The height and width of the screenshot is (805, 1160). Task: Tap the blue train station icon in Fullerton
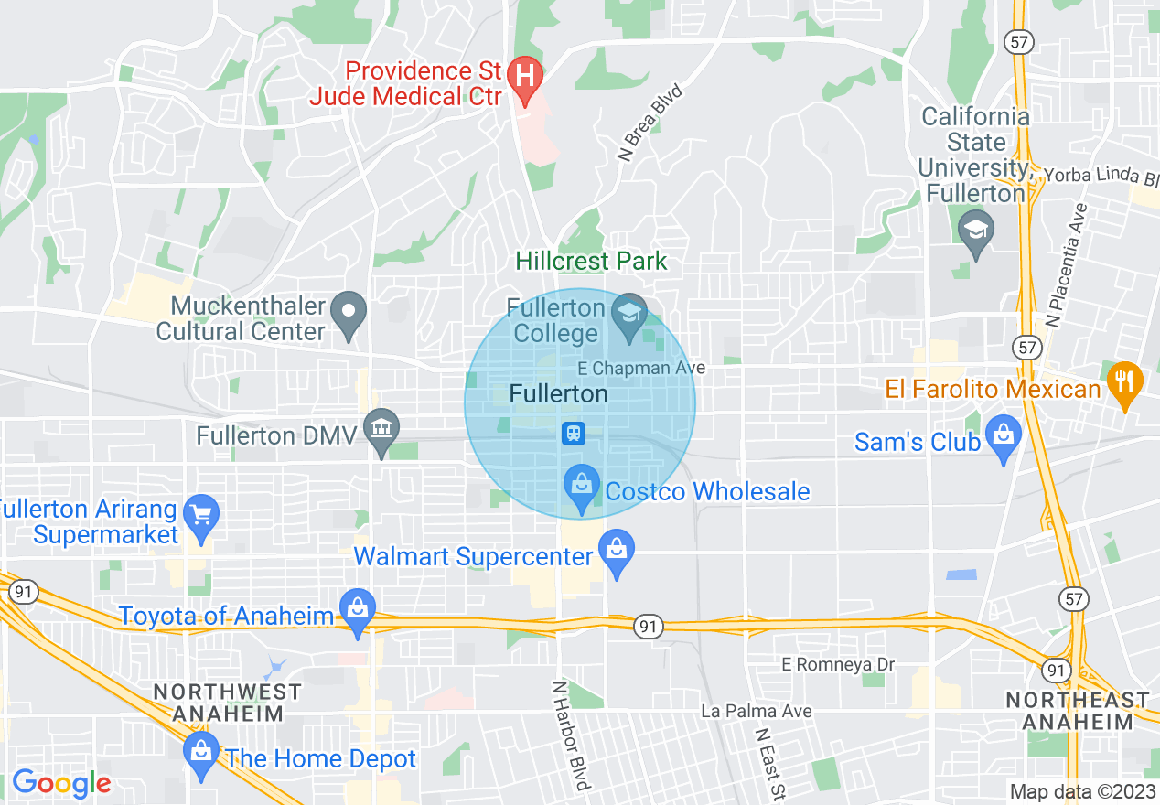(574, 433)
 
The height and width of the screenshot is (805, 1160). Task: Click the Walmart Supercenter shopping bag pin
(617, 550)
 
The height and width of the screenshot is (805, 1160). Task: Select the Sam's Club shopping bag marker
(1004, 435)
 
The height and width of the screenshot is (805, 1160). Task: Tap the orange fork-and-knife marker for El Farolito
(1124, 381)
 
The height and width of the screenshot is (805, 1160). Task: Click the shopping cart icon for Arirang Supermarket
(200, 514)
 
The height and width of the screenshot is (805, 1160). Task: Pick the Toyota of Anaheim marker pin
(357, 608)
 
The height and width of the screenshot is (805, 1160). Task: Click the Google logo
(61, 783)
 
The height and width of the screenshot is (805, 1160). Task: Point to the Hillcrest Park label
(592, 262)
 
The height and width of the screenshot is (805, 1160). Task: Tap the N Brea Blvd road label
(650, 123)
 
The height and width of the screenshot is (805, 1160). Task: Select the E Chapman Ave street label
(642, 368)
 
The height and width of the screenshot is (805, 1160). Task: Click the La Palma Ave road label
(743, 711)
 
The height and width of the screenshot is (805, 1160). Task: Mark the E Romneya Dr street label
(838, 664)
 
